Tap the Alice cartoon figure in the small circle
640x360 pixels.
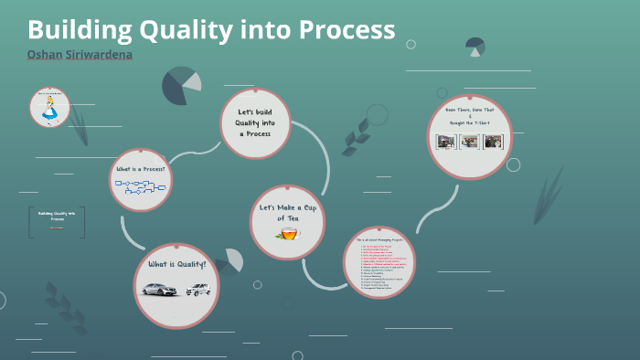49,110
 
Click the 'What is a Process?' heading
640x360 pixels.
140,169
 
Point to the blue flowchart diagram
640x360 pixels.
139,186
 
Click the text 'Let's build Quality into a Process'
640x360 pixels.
255,122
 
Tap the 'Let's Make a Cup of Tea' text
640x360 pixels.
287,214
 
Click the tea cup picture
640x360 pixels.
287,235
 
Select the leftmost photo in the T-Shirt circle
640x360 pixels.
447,143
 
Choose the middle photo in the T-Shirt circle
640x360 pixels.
469,143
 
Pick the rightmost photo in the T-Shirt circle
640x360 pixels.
493,143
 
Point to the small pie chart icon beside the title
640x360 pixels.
475,46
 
